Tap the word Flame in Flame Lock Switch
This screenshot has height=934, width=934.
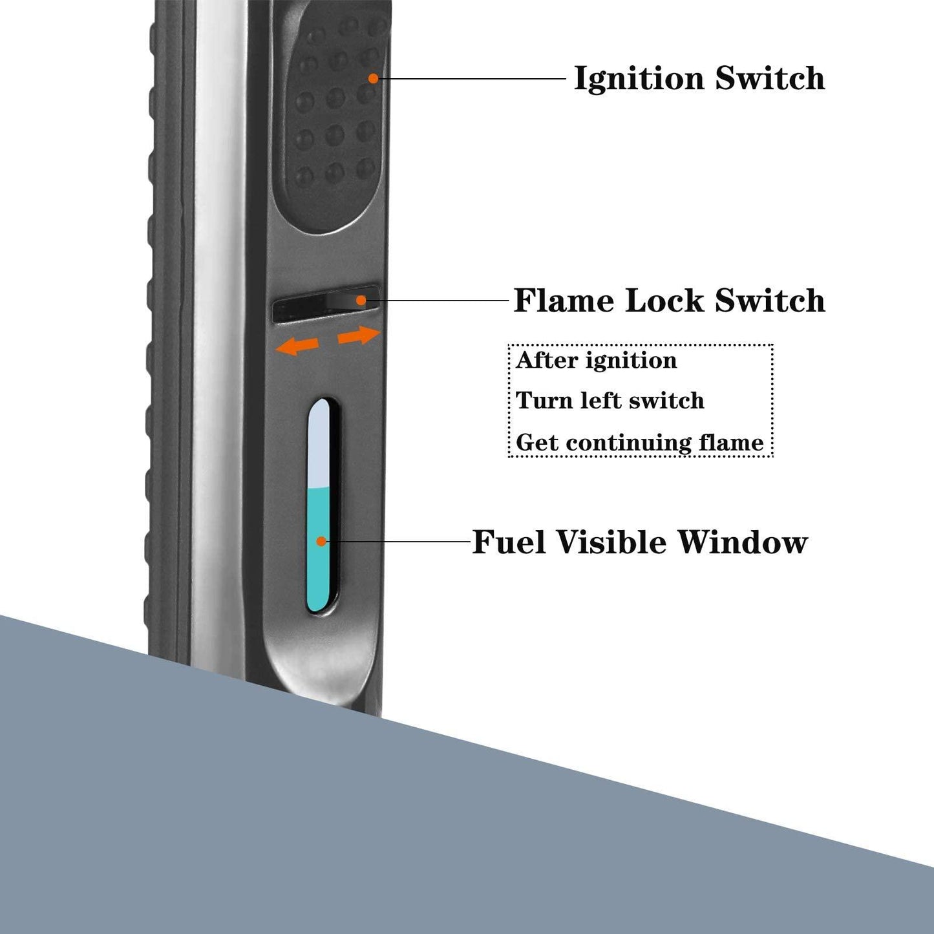pos(563,301)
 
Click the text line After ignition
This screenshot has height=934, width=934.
pos(596,360)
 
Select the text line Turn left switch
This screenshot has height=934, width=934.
pos(610,401)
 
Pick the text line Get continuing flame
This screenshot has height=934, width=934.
pos(639,443)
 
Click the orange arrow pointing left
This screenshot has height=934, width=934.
pos(297,346)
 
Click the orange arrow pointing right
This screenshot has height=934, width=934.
pos(358,335)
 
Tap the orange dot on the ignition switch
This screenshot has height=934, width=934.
pos(373,78)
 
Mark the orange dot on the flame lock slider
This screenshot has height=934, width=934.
pos(361,301)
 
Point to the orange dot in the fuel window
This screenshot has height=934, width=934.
pos(321,541)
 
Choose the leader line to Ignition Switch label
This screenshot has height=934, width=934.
pos(472,78)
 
